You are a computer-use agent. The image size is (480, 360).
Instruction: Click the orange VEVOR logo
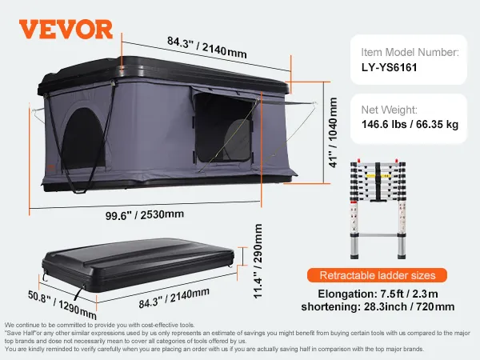pos(66,30)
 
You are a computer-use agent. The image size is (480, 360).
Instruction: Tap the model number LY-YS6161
pos(389,67)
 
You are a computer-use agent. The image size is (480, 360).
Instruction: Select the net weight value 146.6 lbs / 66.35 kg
pos(410,125)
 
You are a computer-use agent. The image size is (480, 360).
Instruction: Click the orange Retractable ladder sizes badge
pos(377,275)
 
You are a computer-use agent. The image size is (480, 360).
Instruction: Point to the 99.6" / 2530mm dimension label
pos(145,214)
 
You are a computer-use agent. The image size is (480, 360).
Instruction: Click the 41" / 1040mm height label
pos(333,133)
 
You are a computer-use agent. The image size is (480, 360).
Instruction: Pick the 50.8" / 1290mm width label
pos(62,304)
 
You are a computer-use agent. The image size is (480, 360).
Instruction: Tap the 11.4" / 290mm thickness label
pos(258,261)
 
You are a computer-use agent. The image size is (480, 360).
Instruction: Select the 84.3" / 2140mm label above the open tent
pos(207,47)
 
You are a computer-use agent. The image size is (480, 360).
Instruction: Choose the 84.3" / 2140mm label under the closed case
pos(174,298)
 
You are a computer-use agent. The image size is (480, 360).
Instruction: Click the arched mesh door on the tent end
pos(83,138)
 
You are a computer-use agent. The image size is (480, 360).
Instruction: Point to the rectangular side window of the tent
pos(223,128)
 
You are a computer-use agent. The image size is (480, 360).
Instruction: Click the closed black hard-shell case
pos(138,265)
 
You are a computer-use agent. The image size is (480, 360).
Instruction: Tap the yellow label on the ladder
pos(378,176)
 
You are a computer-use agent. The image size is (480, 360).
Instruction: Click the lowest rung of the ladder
pos(378,235)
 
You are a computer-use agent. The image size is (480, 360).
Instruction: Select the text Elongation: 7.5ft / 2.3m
pos(378,294)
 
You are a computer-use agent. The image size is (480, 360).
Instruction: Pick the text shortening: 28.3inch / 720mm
pos(378,306)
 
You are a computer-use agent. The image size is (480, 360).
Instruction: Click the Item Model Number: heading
pos(410,52)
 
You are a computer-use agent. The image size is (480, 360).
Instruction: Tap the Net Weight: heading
pos(389,110)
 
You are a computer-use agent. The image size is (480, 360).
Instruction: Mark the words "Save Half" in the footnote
pos(21,333)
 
